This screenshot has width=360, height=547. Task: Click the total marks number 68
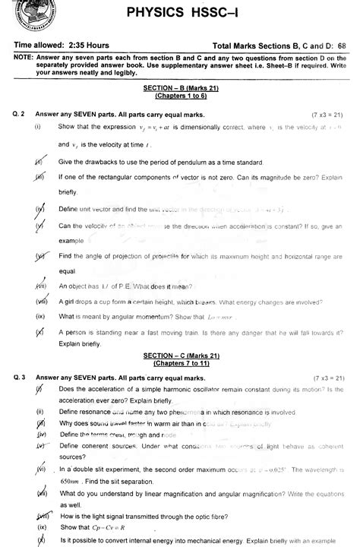(x=347, y=46)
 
